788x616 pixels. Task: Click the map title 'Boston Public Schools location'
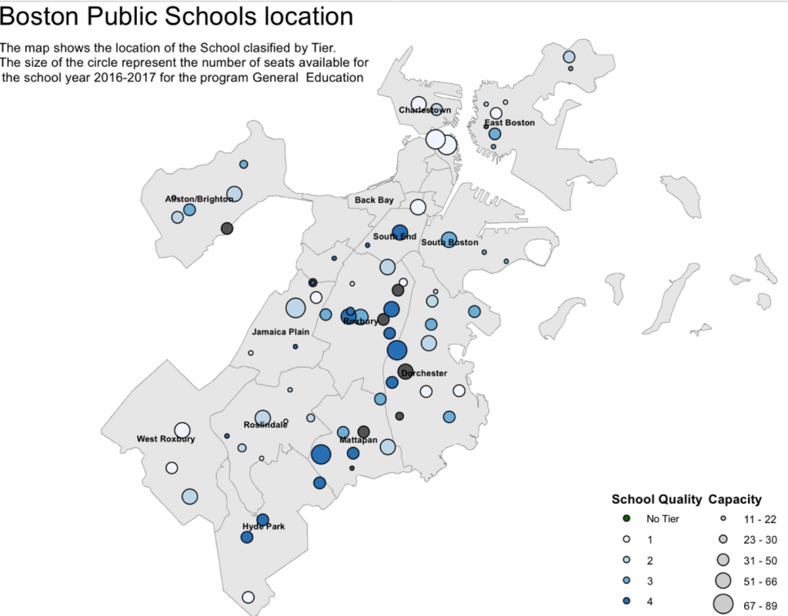[178, 16]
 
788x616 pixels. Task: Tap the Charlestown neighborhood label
[425, 111]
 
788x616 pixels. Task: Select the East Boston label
[509, 122]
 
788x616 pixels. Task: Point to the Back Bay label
[374, 201]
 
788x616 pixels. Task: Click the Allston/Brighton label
[199, 199]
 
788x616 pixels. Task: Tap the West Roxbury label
[165, 439]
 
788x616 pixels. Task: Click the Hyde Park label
[264, 527]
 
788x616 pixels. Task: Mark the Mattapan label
[357, 439]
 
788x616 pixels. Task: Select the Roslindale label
[266, 425]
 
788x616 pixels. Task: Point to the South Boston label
[450, 243]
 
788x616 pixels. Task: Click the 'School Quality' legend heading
[656, 499]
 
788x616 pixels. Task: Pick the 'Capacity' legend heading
[735, 499]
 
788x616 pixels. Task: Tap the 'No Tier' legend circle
[626, 519]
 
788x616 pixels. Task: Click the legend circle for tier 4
[626, 601]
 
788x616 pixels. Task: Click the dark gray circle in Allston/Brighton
[227, 228]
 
